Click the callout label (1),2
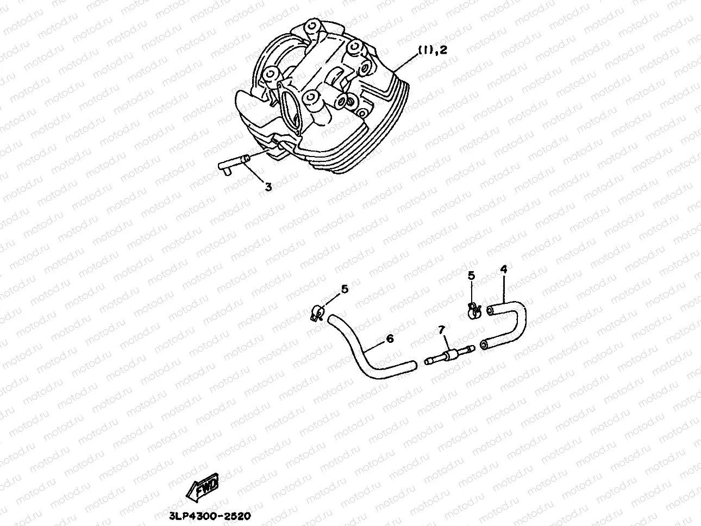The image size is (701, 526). click(x=432, y=50)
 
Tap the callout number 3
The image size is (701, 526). click(x=268, y=187)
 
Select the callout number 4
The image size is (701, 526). click(x=504, y=269)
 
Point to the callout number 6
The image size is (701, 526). click(x=390, y=339)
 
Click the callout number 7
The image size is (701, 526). click(x=442, y=330)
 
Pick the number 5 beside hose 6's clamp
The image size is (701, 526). click(x=345, y=289)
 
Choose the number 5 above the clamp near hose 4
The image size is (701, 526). click(x=472, y=275)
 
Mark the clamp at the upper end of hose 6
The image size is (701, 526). click(x=317, y=312)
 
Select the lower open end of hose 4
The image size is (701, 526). click(x=484, y=346)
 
